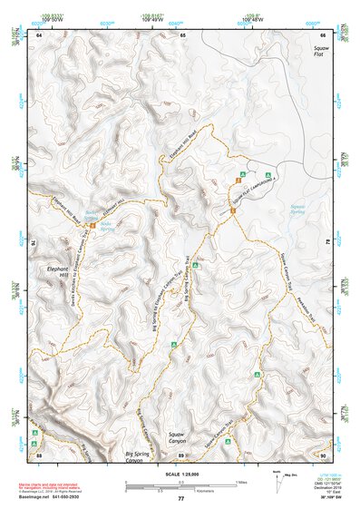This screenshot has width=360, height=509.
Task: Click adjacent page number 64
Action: pos(39,34)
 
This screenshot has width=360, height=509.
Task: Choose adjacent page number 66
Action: pos(323,34)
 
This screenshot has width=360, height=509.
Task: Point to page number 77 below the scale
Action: pos(180,499)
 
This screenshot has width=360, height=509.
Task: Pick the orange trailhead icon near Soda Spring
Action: pos(92,215)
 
